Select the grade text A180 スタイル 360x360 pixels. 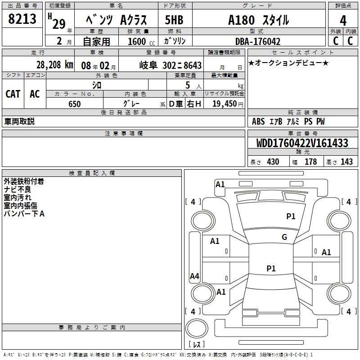click(258, 20)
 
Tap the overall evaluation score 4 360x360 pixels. click(343, 20)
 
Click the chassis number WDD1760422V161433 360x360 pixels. click(302, 144)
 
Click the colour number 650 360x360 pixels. click(75, 104)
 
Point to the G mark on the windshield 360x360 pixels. click(284, 237)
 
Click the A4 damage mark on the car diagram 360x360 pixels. click(194, 276)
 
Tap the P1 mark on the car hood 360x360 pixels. click(291, 216)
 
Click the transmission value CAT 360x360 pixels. click(13, 94)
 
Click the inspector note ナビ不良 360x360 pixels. click(18, 189)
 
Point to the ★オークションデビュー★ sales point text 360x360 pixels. click(288, 63)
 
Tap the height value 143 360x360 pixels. click(346, 162)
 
